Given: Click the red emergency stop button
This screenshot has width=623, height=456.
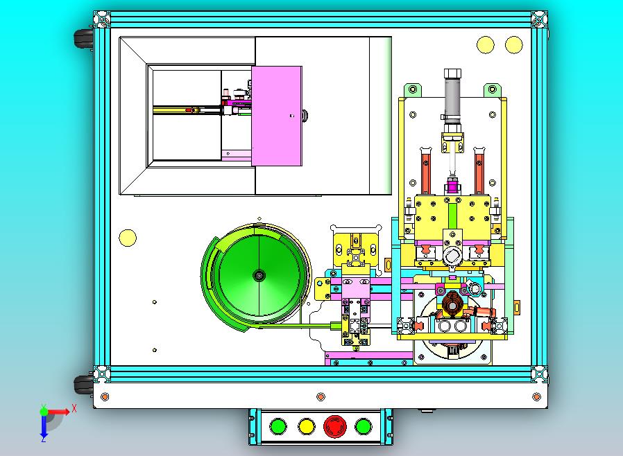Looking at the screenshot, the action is coord(334,427).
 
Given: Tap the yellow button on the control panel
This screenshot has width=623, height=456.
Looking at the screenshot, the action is coord(307,427).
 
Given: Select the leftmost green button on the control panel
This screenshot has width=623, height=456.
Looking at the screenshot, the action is coord(278,427).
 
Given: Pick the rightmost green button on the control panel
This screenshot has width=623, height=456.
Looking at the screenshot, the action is coord(363,427).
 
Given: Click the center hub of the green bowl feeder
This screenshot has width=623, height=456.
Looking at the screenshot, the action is coord(259,275).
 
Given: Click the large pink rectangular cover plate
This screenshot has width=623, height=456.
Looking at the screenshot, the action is coord(277,116).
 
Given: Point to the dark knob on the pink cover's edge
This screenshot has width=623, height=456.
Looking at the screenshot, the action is coord(305,116).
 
